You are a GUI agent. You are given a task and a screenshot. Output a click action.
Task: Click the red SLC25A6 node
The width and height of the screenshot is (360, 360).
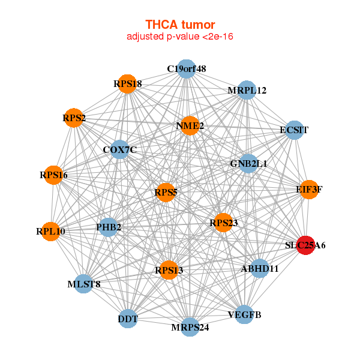(x=306, y=245)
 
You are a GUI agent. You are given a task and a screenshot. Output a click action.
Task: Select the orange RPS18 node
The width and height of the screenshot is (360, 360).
(x=127, y=85)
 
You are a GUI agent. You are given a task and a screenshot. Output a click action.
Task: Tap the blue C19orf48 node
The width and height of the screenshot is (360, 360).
(x=187, y=69)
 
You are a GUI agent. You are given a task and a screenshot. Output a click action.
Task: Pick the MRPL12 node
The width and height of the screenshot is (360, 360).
(x=247, y=91)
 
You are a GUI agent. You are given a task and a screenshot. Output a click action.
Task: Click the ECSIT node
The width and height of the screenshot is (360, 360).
(x=293, y=130)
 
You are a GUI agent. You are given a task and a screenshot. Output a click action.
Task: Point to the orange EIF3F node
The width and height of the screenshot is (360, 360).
(x=308, y=190)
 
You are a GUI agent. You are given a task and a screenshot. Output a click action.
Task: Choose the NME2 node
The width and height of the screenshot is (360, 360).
(x=190, y=126)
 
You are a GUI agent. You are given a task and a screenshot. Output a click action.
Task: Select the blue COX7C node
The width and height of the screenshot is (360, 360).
(x=120, y=149)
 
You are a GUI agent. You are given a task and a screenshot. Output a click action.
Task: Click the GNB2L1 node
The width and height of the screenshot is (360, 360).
(x=248, y=163)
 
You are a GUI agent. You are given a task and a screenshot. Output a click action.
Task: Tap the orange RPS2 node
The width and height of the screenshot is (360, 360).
(x=74, y=118)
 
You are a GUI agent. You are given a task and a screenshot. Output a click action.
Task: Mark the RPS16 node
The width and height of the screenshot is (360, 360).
(x=53, y=175)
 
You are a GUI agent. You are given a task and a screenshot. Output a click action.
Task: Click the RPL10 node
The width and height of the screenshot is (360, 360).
(x=51, y=231)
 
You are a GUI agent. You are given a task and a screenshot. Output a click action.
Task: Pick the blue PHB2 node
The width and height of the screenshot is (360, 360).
(x=109, y=227)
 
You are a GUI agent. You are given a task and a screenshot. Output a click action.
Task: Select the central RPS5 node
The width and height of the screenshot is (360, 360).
(x=166, y=193)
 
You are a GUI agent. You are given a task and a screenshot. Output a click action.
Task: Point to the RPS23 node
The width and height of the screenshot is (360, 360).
(x=223, y=223)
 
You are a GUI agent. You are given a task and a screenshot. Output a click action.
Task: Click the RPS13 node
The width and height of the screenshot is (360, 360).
(x=169, y=270)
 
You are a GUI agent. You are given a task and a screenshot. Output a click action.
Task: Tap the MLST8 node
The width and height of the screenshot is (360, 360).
(x=83, y=284)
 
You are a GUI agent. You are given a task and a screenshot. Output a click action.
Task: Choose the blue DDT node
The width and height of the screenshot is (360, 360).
(x=128, y=319)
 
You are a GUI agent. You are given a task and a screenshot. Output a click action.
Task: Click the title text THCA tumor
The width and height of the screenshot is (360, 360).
(x=180, y=25)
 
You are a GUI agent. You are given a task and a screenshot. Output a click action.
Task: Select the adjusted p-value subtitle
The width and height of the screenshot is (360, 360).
(x=180, y=37)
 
